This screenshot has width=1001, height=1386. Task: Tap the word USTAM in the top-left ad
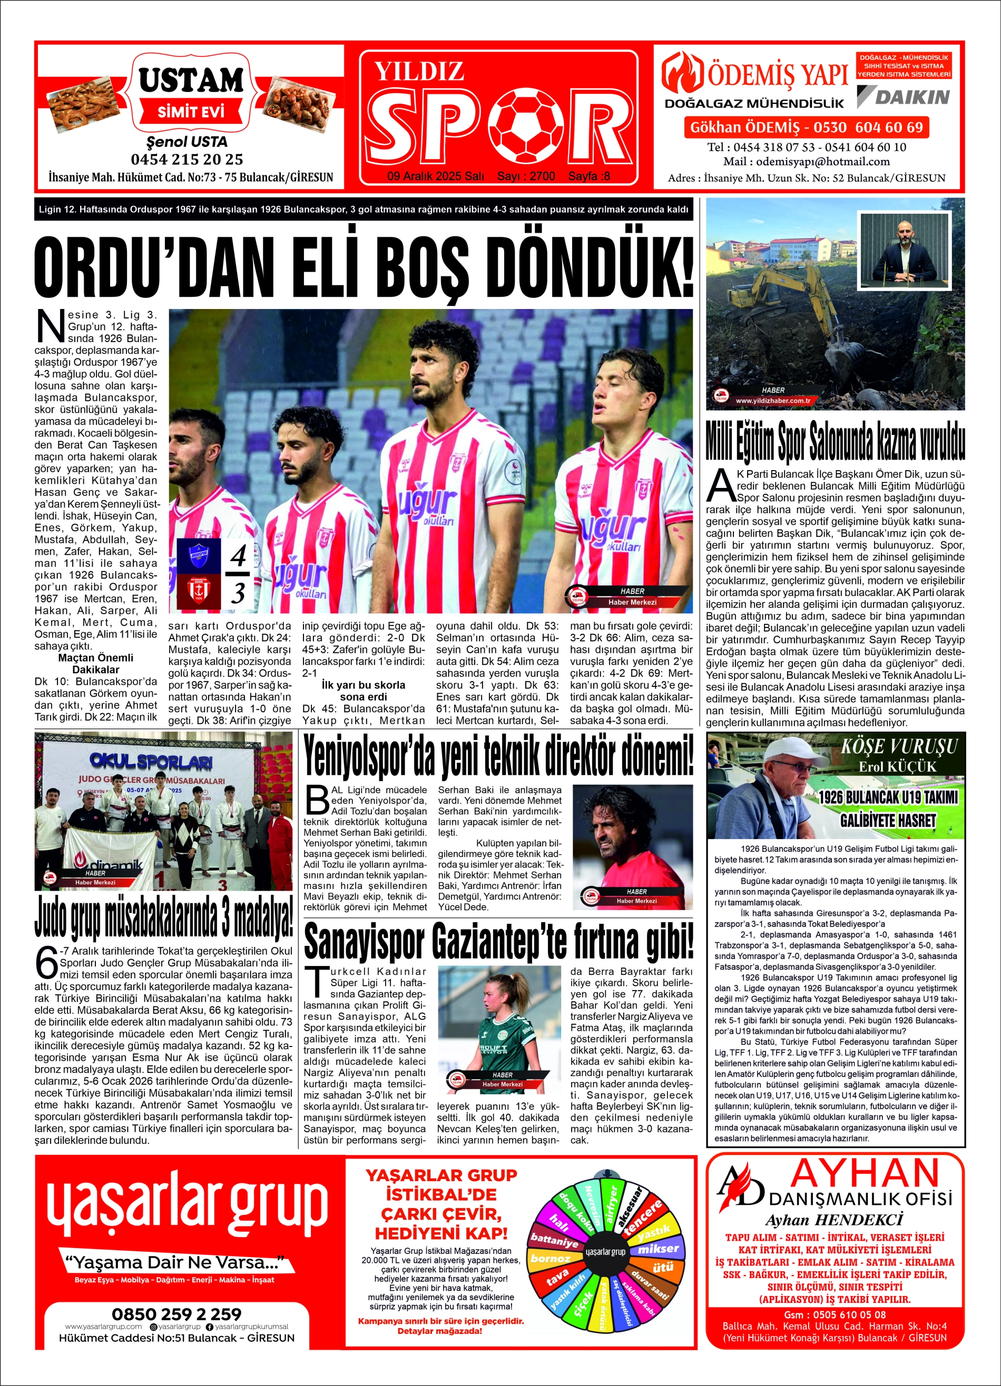(x=191, y=79)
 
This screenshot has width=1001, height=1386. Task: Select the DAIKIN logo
(x=904, y=96)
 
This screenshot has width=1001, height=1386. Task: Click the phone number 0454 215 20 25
(x=187, y=159)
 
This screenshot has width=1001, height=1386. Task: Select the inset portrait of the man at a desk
(x=906, y=250)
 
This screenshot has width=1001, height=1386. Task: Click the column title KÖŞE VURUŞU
(x=899, y=747)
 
